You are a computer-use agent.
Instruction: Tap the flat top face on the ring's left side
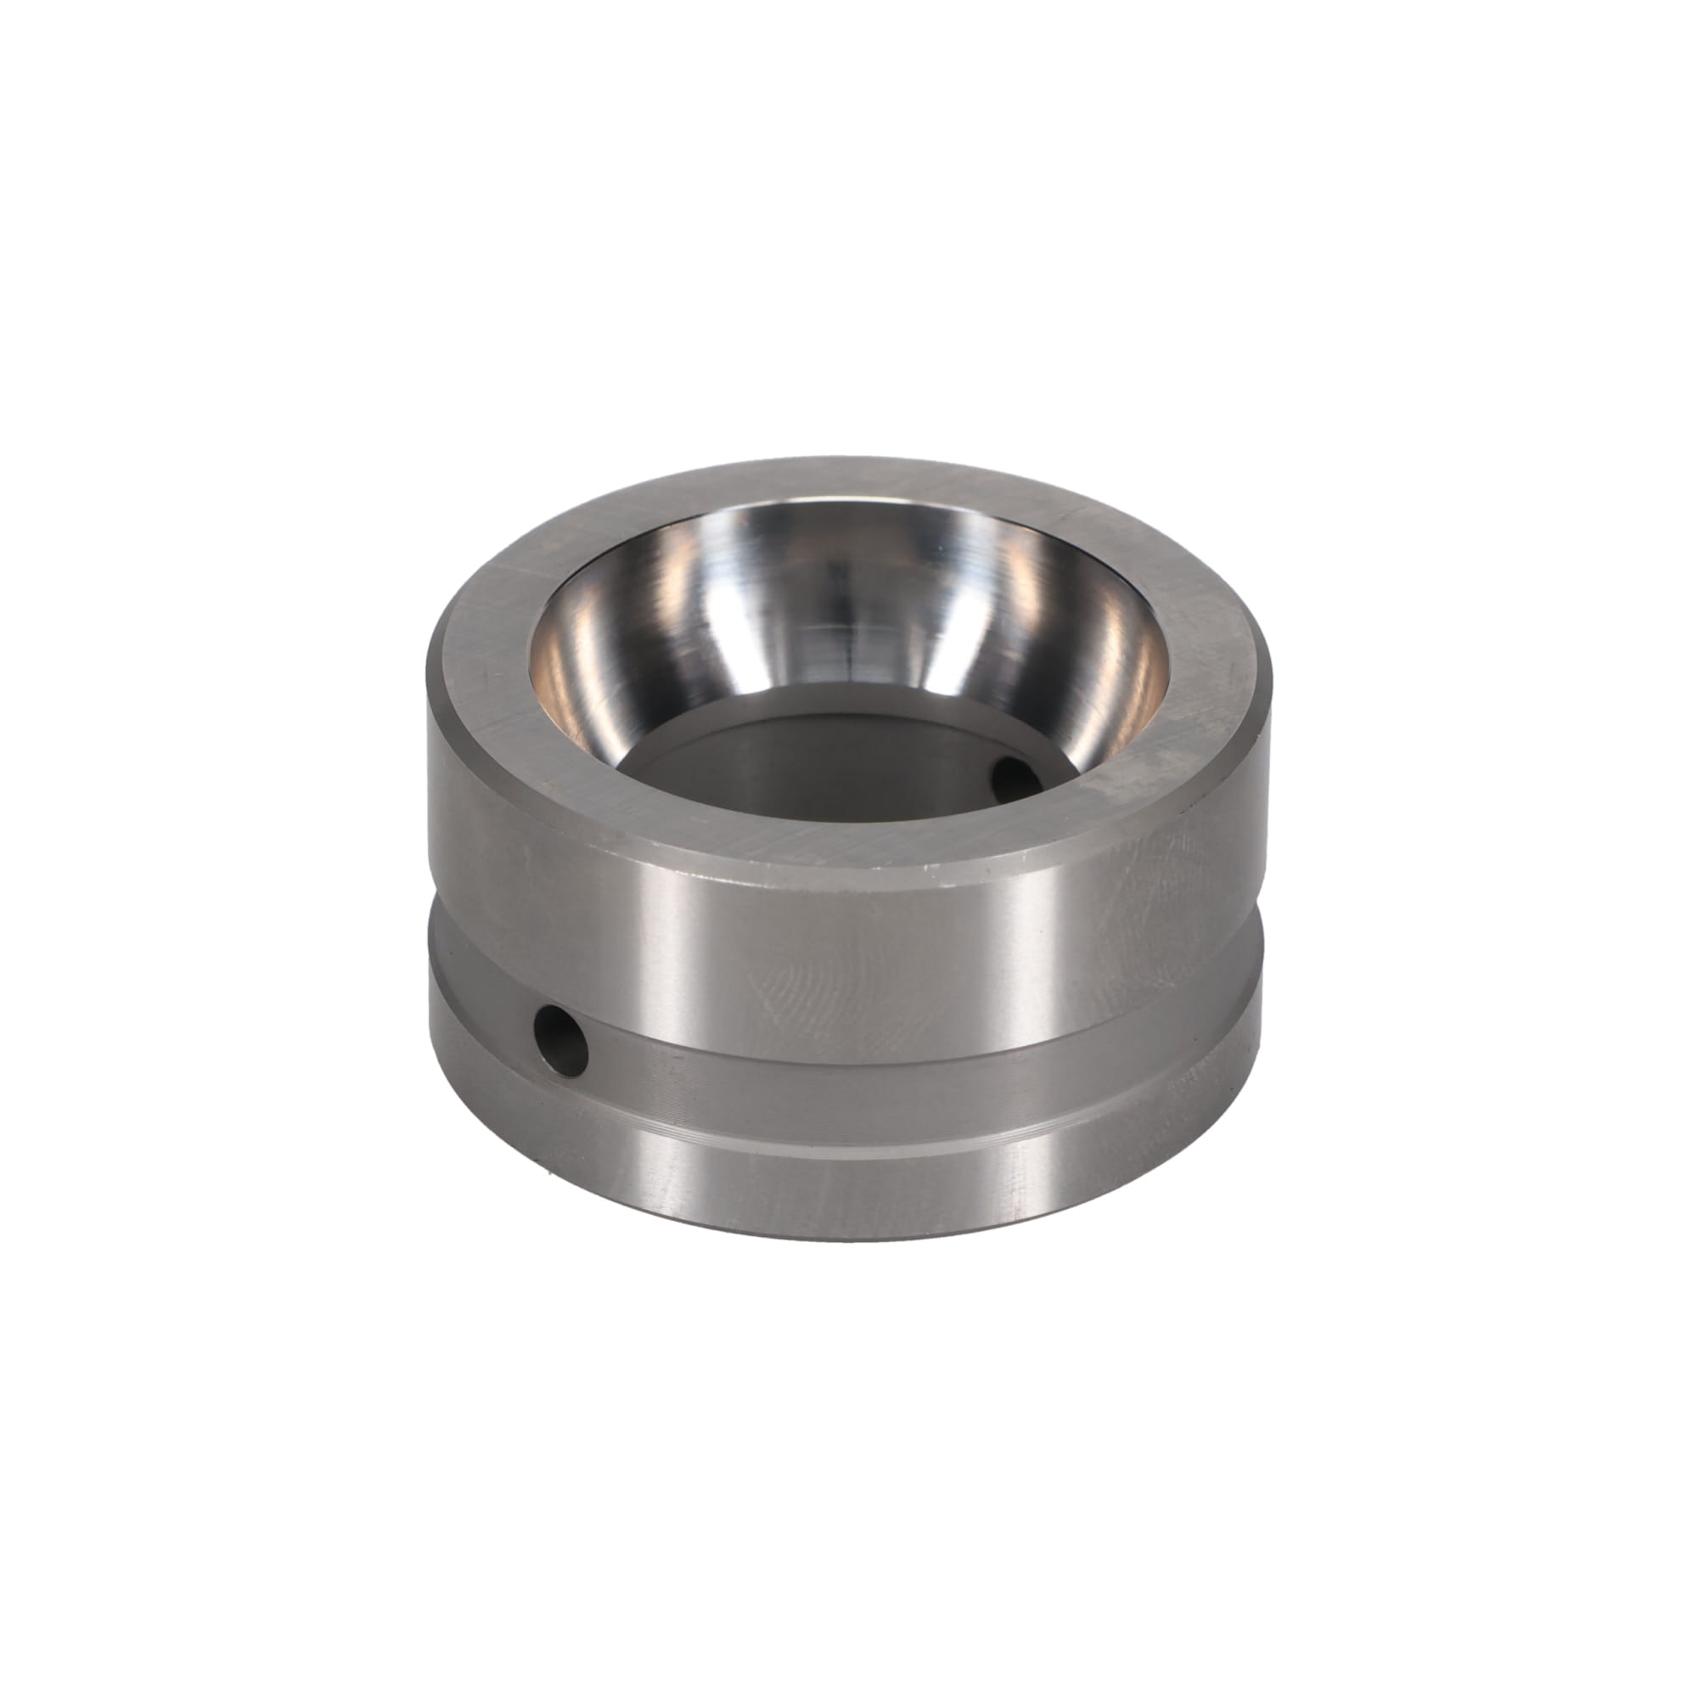(x=479, y=668)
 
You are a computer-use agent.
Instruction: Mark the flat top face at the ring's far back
(x=844, y=479)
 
